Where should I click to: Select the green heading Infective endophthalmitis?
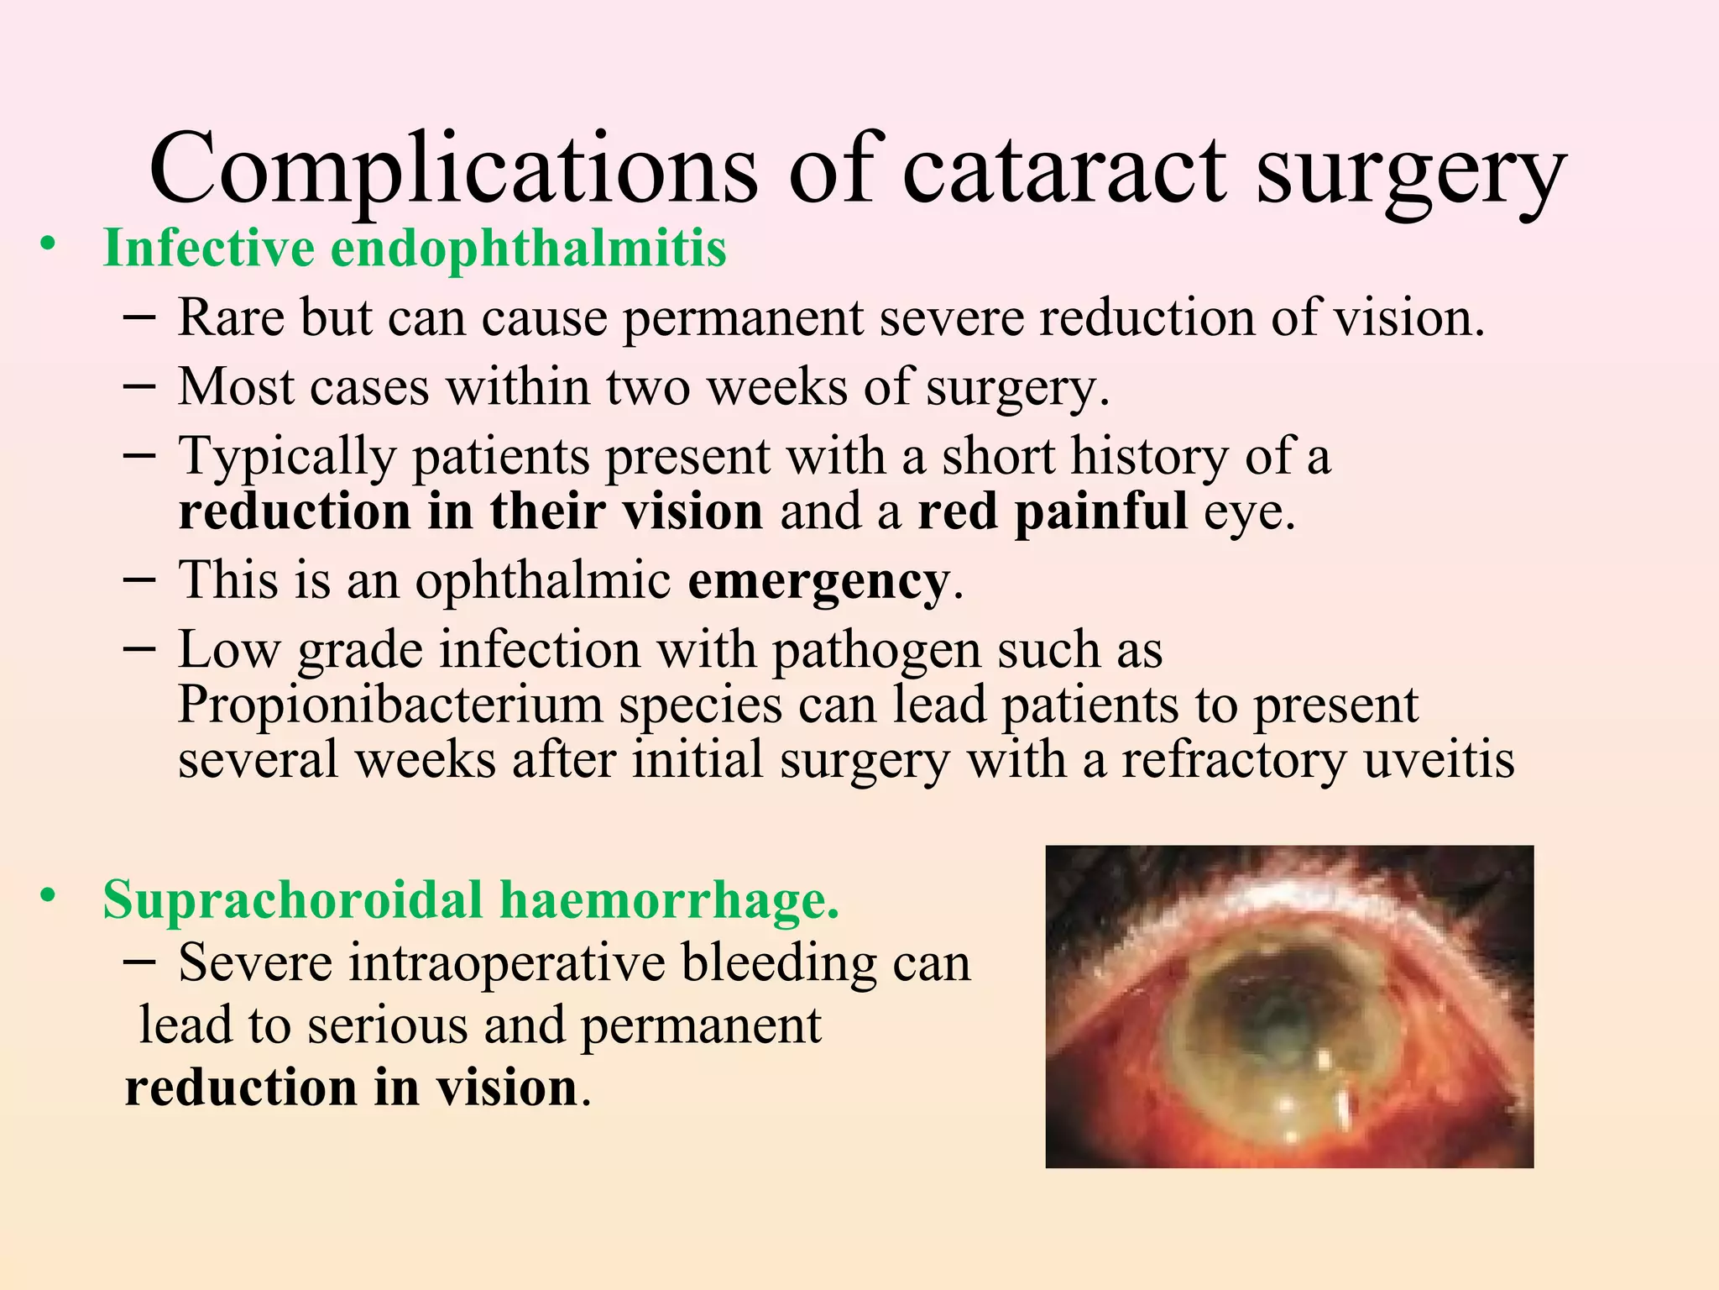coord(415,249)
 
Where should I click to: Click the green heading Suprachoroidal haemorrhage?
coord(471,899)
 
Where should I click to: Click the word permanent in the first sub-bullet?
coord(743,318)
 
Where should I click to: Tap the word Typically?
coord(286,458)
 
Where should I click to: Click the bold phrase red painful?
coord(1053,511)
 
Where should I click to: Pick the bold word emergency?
coord(818,580)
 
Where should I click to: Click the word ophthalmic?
coord(542,580)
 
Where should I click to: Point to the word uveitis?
coord(1439,759)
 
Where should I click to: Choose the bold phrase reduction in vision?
coord(351,1088)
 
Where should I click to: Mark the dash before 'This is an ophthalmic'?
coord(138,579)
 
